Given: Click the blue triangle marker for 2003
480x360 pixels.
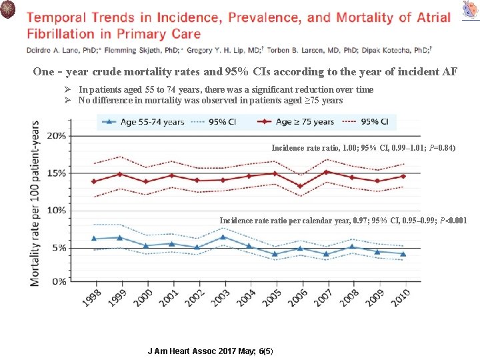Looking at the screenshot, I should pos(223,237).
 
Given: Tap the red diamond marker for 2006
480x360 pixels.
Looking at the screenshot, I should pos(300,186).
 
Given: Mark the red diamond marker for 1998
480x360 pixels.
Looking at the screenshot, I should pos(94,181).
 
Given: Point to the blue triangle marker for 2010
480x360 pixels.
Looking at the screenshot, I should pos(402,253).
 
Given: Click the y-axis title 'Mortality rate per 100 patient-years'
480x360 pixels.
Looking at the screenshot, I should pos(35,203).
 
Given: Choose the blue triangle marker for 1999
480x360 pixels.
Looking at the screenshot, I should pos(119,237).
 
